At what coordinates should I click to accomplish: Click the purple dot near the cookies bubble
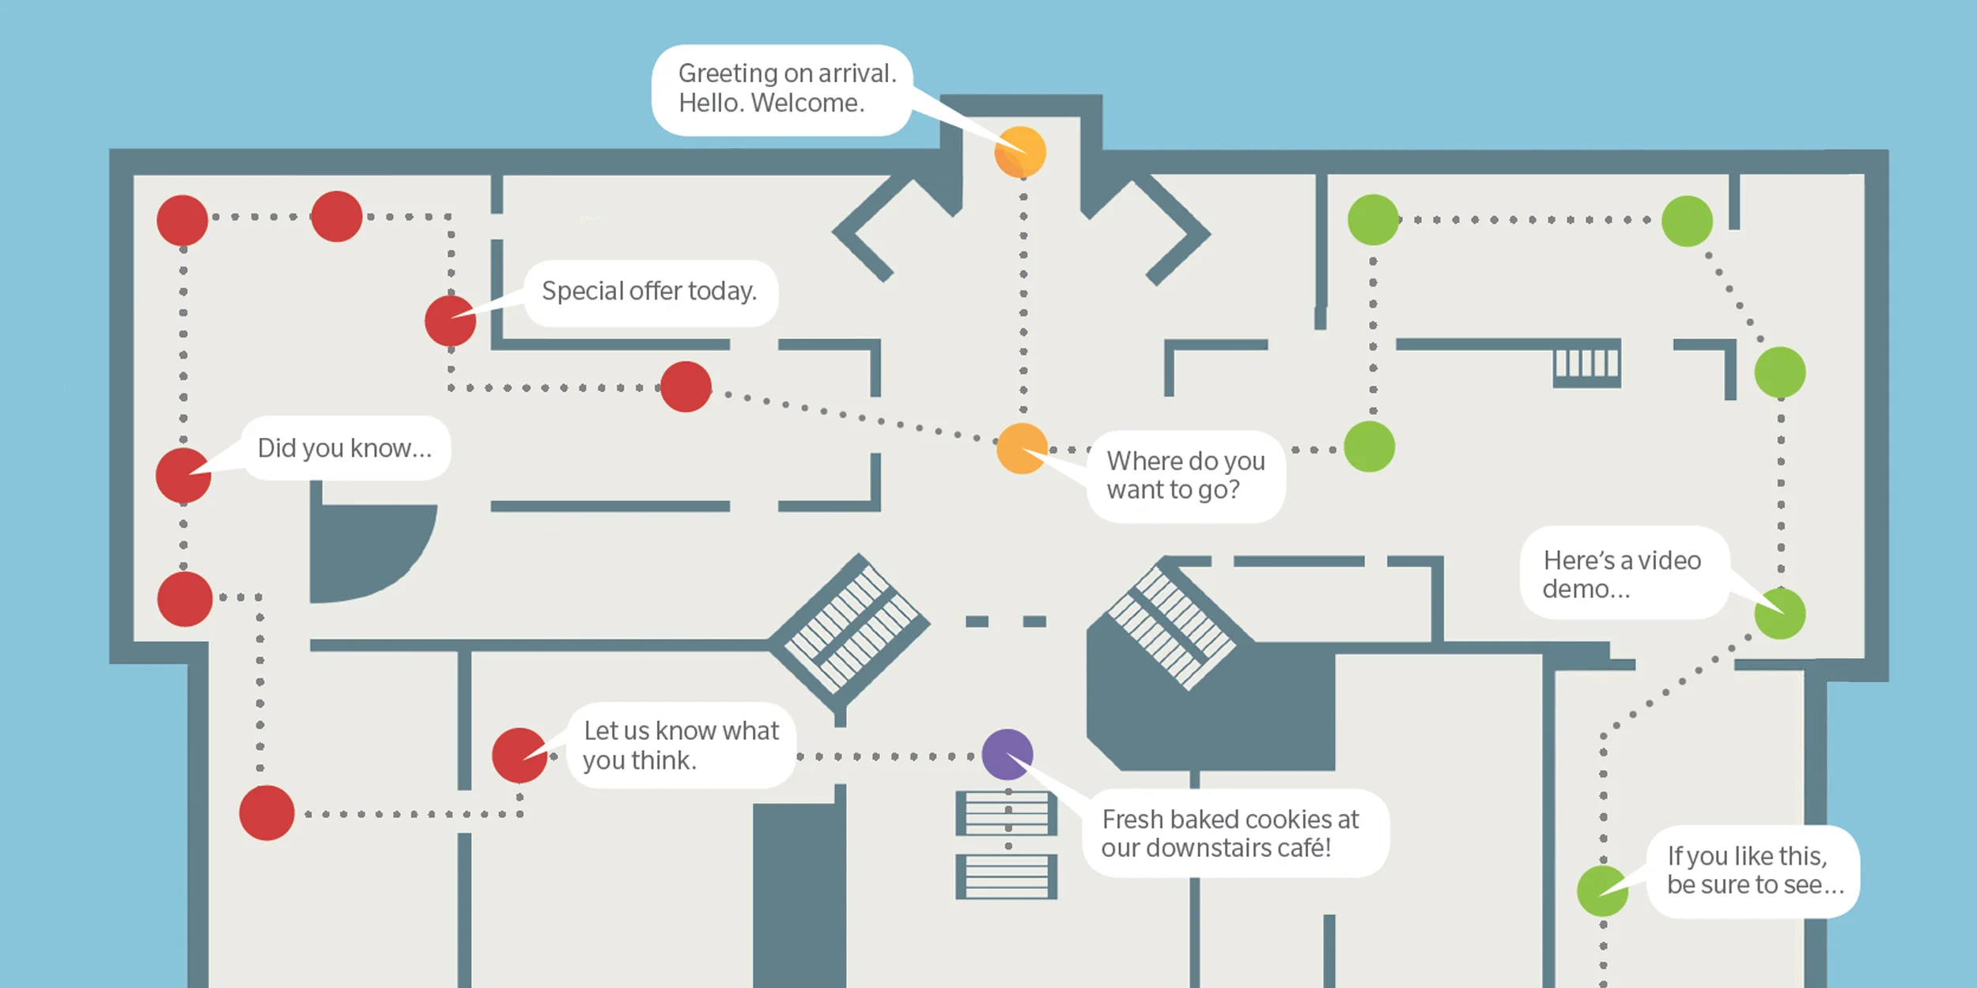[1007, 754]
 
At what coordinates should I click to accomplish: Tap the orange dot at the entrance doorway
[1020, 152]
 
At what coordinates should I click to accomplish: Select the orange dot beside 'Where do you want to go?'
[1022, 448]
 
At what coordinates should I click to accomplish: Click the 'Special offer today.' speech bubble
[650, 292]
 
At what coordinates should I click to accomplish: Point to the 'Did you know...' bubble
[346, 448]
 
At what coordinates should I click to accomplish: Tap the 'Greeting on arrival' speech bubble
[783, 89]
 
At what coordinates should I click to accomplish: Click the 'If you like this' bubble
[1753, 871]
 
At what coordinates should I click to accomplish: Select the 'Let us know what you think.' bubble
[681, 745]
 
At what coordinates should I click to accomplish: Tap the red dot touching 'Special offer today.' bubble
[450, 321]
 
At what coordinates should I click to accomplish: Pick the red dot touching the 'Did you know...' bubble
[183, 475]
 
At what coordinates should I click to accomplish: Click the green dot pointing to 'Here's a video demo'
[1779, 613]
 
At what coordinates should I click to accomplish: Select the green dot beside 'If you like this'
[1602, 891]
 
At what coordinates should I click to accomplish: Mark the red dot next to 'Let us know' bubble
[520, 756]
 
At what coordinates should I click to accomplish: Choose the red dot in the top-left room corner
[182, 221]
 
